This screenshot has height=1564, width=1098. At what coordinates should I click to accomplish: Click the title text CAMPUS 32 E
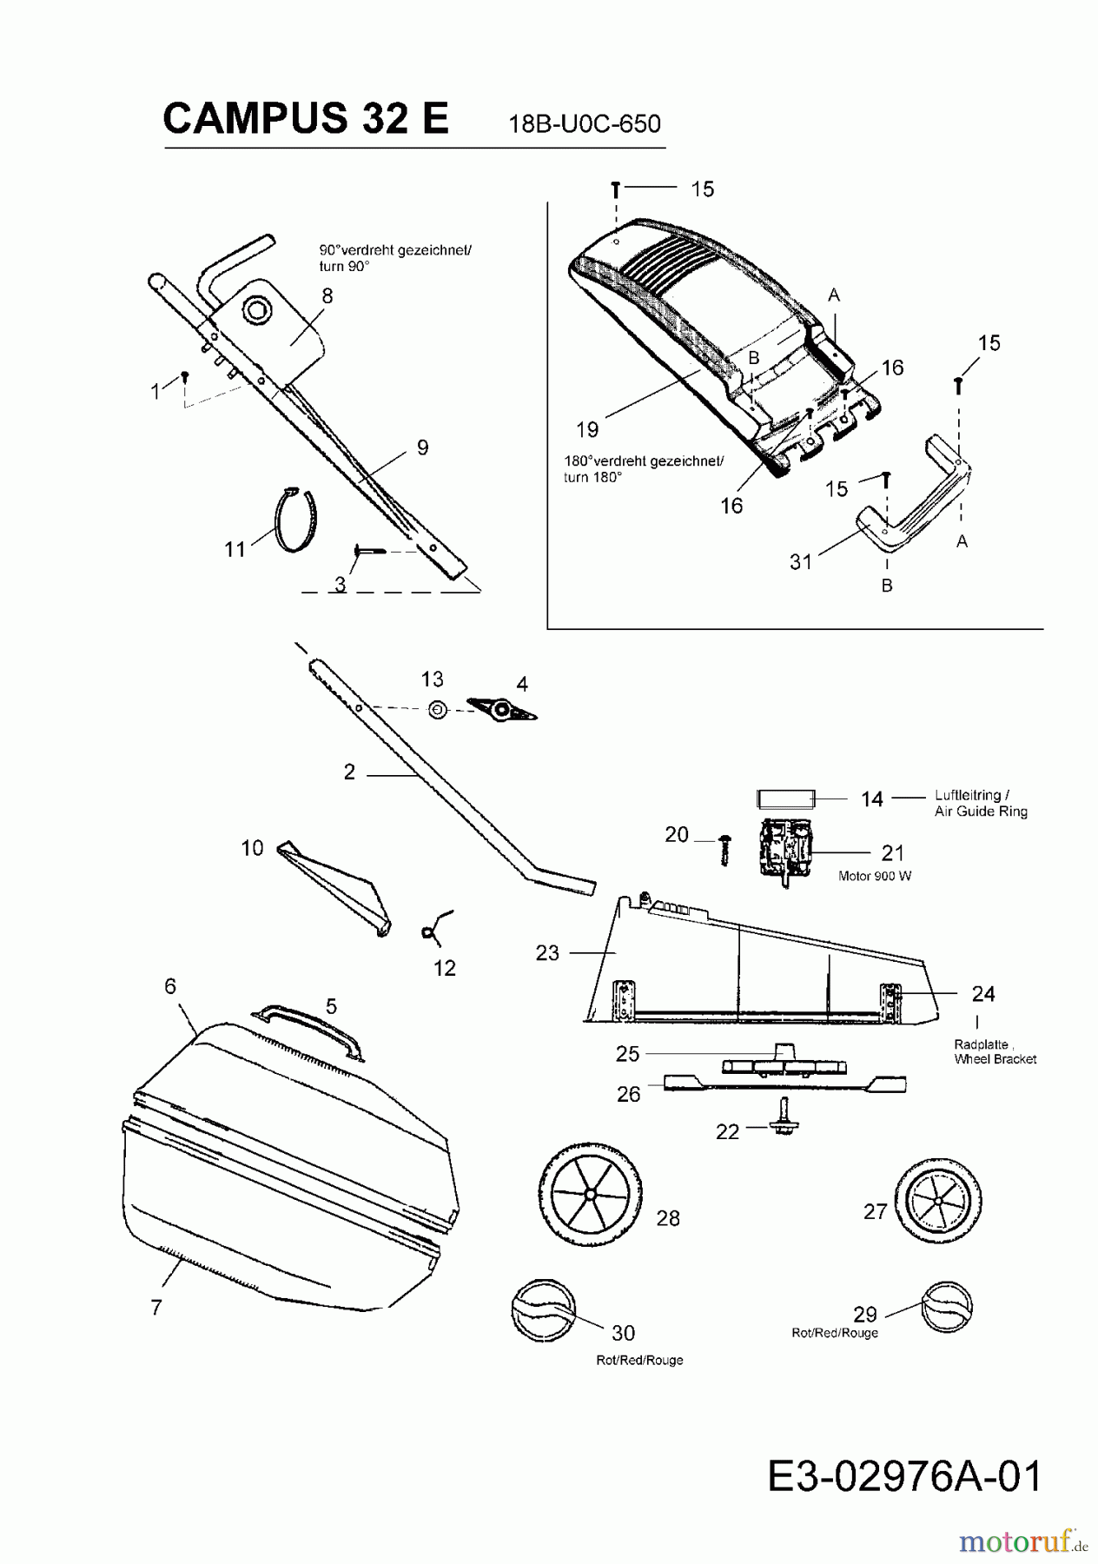(306, 118)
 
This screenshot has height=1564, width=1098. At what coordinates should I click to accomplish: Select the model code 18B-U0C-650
(585, 124)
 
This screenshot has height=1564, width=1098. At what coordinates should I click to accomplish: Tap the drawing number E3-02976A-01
(904, 1475)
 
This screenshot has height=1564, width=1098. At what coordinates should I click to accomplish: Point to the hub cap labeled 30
(543, 1310)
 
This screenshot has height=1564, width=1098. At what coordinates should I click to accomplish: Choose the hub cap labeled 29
(946, 1306)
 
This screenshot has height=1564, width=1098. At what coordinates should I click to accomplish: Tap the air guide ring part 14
(785, 799)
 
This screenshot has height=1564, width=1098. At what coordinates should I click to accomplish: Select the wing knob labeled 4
(502, 710)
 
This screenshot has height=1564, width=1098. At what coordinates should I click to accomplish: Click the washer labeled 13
(439, 710)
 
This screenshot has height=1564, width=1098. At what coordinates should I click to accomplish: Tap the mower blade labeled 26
(785, 1083)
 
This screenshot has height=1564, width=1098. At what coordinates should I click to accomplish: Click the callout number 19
(587, 429)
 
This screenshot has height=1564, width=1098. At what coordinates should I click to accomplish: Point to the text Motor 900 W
(874, 876)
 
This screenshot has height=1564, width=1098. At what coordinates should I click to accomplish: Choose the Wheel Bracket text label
(995, 1059)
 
